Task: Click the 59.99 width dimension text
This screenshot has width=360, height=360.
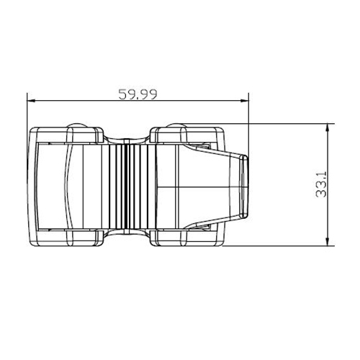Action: (138, 94)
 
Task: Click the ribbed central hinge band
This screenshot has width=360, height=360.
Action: (130, 186)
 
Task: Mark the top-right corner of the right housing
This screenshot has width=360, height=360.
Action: (220, 130)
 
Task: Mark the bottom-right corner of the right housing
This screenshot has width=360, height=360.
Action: (220, 243)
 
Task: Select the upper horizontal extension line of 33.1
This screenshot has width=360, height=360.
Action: (288, 124)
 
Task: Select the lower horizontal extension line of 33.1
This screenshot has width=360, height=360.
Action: (288, 246)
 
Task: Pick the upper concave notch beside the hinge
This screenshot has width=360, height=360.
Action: (130, 136)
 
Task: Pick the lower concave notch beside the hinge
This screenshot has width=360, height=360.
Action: (130, 236)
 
